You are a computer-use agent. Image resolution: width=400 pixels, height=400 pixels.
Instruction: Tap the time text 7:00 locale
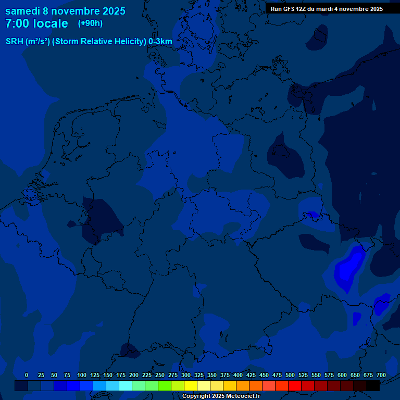36,23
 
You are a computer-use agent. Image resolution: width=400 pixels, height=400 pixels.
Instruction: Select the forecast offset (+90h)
90,23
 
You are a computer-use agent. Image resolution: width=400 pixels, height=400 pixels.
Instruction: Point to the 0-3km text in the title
160,41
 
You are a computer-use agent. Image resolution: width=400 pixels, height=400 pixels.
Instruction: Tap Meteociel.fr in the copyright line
239,396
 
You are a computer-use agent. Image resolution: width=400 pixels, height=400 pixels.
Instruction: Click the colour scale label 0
27,375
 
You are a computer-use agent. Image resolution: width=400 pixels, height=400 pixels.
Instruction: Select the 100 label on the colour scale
82,375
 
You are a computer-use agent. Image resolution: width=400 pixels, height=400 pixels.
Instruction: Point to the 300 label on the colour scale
186,375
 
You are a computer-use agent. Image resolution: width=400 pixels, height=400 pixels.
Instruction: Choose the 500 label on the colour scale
290,375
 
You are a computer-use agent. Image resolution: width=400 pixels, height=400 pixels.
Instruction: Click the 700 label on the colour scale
381,375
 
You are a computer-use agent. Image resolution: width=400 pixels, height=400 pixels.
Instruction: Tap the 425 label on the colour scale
251,375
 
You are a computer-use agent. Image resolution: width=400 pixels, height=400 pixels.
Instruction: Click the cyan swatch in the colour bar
126,385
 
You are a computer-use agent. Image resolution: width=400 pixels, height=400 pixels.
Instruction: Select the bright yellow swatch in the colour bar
191,385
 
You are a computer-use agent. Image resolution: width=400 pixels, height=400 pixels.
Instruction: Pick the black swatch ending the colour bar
373,385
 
